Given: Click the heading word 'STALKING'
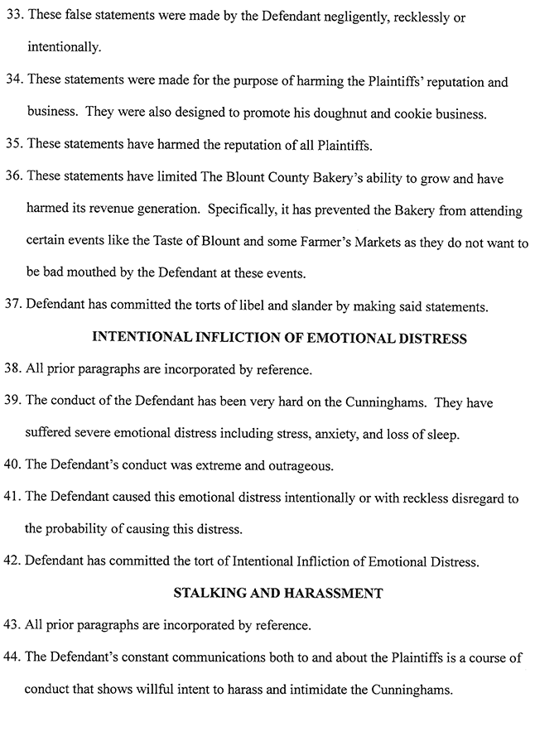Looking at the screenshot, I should point(210,593).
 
